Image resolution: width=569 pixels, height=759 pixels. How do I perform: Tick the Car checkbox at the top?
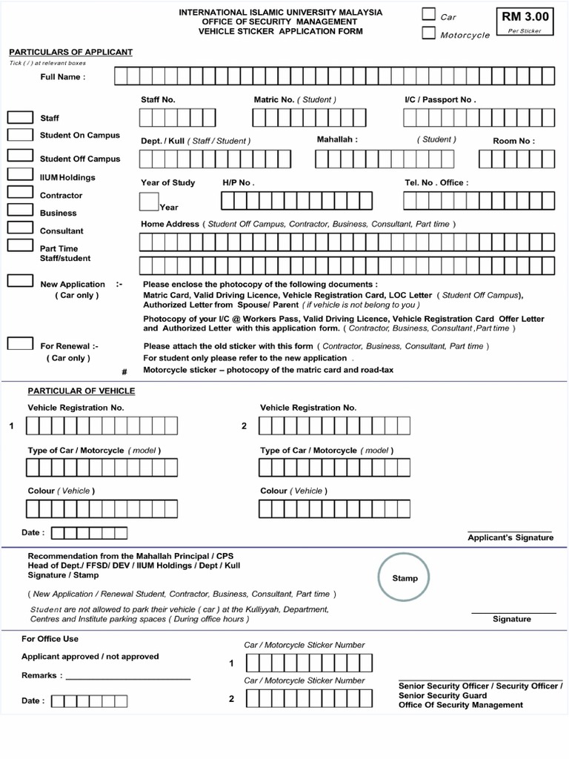[x=429, y=14]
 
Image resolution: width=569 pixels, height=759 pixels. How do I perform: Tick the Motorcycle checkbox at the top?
[x=429, y=33]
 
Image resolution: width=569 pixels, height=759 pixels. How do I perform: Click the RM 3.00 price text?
[x=525, y=16]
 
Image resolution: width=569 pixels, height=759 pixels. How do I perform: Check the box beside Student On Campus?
[x=20, y=135]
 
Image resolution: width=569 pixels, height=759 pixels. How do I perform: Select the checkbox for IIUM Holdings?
[x=20, y=175]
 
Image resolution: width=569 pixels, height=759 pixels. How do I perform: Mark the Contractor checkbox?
[x=20, y=193]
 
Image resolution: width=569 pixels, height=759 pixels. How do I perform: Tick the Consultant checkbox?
[x=20, y=228]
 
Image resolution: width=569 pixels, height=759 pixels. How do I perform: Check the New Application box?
[x=20, y=281]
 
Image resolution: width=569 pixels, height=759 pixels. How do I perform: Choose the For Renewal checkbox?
[x=20, y=343]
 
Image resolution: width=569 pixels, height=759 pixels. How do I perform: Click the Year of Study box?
[x=149, y=202]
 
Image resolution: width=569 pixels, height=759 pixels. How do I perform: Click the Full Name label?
[x=62, y=77]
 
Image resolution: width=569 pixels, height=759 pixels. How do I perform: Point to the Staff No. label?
[x=158, y=99]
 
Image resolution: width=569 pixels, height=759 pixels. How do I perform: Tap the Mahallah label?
[x=337, y=139]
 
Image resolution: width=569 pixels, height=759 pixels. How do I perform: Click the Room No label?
[x=513, y=141]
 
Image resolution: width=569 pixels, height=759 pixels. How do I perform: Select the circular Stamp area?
[x=405, y=578]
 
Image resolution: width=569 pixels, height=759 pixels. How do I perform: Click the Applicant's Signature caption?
[x=510, y=537]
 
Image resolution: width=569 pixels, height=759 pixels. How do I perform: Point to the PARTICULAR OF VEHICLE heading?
[x=81, y=391]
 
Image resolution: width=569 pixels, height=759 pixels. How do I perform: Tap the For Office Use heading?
[x=50, y=639]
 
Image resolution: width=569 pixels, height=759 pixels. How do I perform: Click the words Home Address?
[x=170, y=224]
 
